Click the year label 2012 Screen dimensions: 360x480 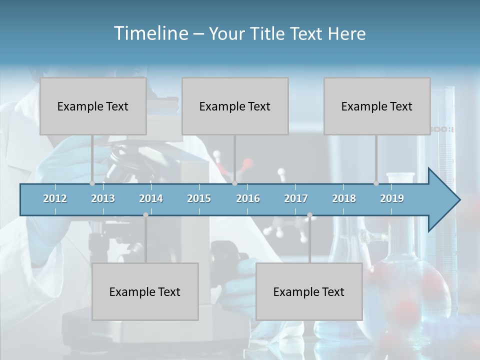(55, 198)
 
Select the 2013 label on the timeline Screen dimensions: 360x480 (103, 198)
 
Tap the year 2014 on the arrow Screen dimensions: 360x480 (151, 198)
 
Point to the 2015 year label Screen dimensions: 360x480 (199, 198)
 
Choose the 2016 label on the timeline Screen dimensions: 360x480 (248, 198)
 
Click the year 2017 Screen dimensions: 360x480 (296, 198)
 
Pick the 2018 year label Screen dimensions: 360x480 (344, 198)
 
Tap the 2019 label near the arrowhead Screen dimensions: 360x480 (392, 198)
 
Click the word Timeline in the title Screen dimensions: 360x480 (150, 33)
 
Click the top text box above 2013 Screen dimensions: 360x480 (93, 106)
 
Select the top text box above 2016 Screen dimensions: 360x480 (235, 106)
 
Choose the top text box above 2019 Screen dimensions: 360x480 (377, 106)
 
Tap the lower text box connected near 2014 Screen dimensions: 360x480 (145, 291)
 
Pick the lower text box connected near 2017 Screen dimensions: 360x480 (309, 291)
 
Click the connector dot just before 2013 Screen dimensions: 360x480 (92, 183)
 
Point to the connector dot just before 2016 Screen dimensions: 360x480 (234, 183)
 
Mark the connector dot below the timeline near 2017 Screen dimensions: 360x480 (309, 215)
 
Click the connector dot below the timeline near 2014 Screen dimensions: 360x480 (145, 215)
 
